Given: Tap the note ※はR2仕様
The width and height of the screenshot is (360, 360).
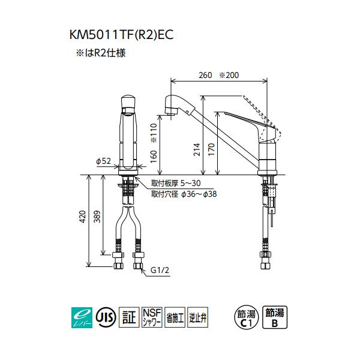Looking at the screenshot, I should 100,53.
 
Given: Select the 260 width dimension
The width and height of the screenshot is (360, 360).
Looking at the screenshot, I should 205,76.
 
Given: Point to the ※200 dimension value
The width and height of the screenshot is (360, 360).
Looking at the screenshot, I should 228,76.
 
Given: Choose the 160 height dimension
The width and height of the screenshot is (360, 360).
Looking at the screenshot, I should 152,156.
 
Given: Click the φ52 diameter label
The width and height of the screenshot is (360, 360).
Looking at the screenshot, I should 103,161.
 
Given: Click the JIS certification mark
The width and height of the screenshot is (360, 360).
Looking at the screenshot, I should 104,316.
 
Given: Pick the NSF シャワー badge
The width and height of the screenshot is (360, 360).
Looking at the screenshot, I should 151,316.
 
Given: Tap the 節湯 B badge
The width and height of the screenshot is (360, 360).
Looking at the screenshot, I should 275,316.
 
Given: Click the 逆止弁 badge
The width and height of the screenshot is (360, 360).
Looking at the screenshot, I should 197,316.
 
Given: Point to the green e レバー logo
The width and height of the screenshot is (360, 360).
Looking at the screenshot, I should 80,316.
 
